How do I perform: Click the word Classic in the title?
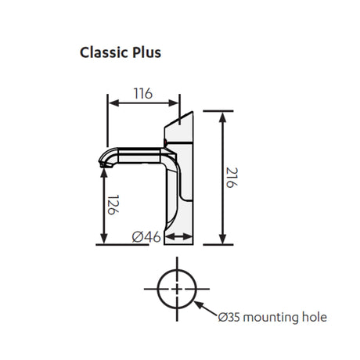pyautogui.click(x=104, y=52)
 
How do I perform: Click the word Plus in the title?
pyautogui.click(x=147, y=52)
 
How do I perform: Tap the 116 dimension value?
pyautogui.click(x=143, y=93)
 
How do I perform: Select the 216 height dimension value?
pyautogui.click(x=232, y=178)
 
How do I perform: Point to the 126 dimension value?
pyautogui.click(x=113, y=205)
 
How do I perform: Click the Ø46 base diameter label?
pyautogui.click(x=146, y=237)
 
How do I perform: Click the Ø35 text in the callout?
pyautogui.click(x=229, y=318)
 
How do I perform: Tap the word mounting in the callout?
pyautogui.click(x=271, y=318)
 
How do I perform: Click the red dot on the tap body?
pyautogui.click(x=165, y=142)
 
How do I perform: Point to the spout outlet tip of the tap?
pyautogui.click(x=103, y=165)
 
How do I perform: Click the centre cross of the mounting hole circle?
pyautogui.click(x=177, y=289)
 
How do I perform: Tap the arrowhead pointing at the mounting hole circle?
pyautogui.click(x=197, y=304)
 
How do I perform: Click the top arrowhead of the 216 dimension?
pyautogui.click(x=222, y=117)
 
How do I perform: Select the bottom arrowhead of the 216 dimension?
pyautogui.click(x=222, y=239)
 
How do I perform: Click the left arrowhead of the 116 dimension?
pyautogui.click(x=113, y=103)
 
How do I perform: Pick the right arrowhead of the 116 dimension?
pyautogui.click(x=174, y=103)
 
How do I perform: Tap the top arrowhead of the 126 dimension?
pyautogui.click(x=104, y=173)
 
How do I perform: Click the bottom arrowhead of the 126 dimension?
pyautogui.click(x=104, y=239)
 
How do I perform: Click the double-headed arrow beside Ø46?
pyautogui.click(x=179, y=237)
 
